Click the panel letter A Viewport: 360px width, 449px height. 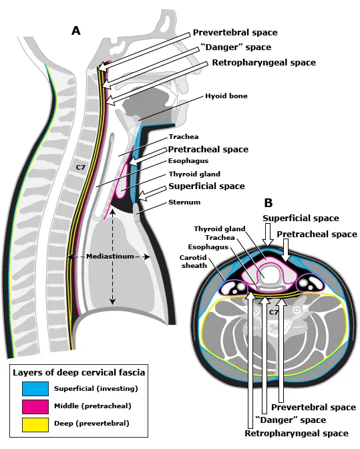[x=76, y=30]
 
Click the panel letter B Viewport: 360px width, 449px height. [x=268, y=203]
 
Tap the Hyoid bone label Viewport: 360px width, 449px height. [x=226, y=96]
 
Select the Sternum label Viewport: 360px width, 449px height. [x=184, y=202]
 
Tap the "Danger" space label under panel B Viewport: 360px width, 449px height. [x=291, y=420]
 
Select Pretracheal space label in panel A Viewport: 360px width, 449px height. [x=208, y=149]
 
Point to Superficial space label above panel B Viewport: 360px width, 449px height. [x=301, y=218]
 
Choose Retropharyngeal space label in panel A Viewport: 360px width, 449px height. [x=264, y=62]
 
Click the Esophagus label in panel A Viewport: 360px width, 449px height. [x=188, y=161]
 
